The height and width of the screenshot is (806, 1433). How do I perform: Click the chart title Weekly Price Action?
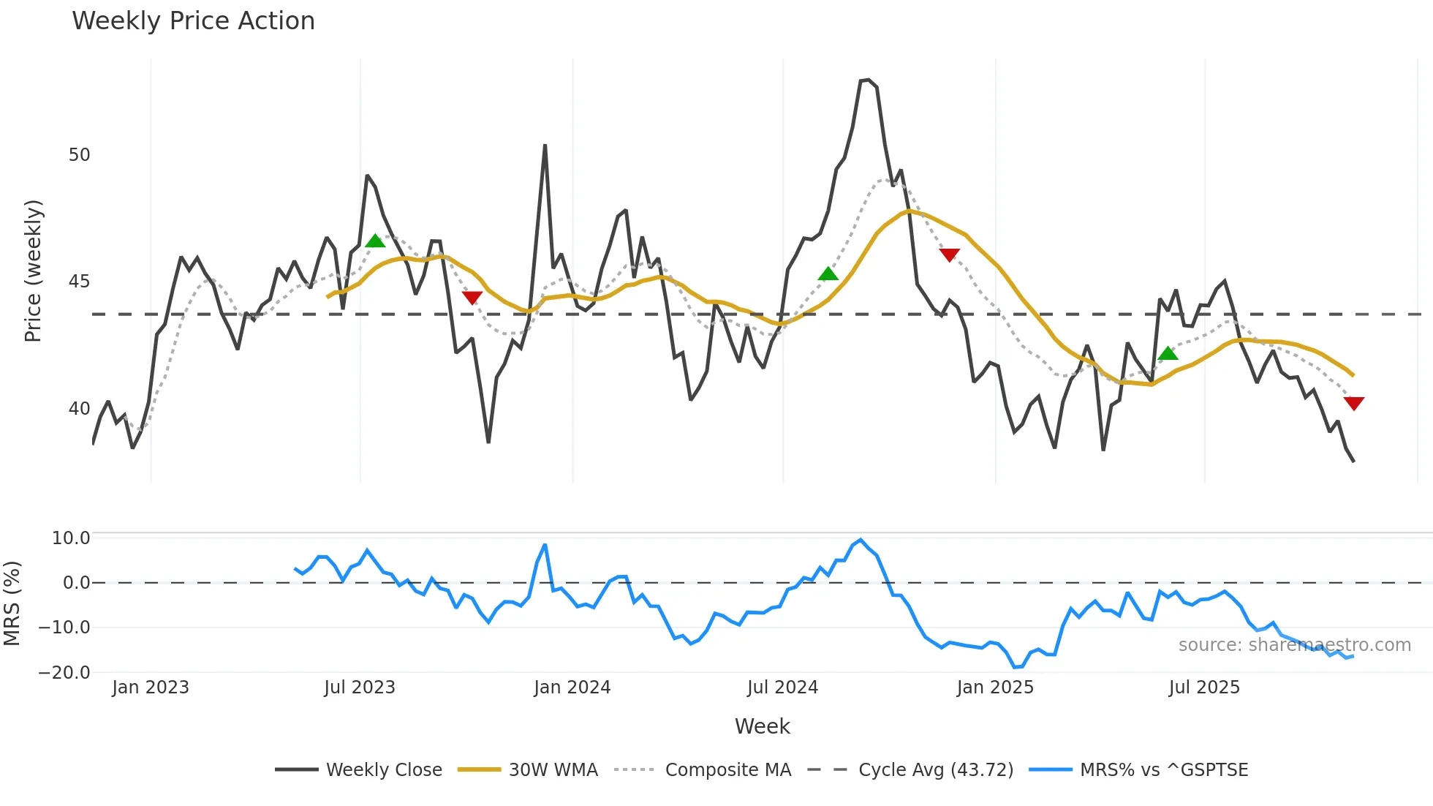click(193, 21)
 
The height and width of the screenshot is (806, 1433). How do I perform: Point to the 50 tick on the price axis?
click(79, 155)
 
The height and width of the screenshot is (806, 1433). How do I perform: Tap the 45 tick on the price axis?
click(79, 282)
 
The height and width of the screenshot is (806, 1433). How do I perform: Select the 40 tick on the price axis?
click(79, 409)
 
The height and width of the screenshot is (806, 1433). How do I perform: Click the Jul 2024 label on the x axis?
click(782, 688)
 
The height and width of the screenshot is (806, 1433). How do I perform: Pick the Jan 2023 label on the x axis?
click(151, 688)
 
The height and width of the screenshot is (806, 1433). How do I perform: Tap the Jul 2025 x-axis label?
click(1204, 688)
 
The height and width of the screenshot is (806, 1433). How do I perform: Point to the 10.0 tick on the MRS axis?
click(71, 538)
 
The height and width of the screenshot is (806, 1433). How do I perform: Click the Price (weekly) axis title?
click(33, 271)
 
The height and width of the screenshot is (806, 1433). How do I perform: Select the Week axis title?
click(762, 726)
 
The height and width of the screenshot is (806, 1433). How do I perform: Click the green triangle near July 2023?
click(375, 241)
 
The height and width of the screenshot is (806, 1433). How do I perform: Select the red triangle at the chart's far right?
click(1353, 403)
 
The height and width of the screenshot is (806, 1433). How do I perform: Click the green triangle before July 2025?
click(1168, 353)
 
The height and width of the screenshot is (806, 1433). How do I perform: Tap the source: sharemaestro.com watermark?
click(1294, 645)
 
